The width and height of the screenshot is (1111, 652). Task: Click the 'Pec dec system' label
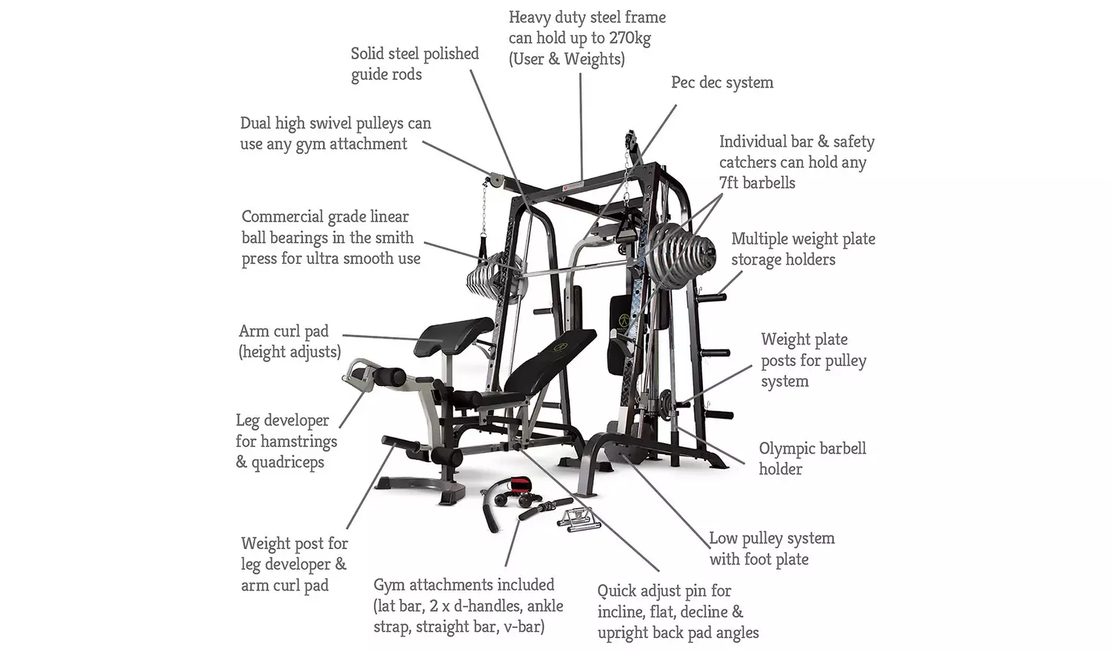pos(721,82)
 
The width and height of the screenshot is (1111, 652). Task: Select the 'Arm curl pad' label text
pos(284,331)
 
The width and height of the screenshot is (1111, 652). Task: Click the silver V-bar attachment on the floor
pos(578,519)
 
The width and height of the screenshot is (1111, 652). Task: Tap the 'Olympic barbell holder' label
pos(813,459)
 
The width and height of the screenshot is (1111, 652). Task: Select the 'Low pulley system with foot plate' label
pos(772,548)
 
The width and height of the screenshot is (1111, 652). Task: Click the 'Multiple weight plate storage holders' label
pos(803,249)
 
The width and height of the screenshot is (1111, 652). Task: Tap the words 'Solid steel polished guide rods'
pos(415,64)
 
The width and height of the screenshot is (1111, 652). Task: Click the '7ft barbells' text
pos(757,183)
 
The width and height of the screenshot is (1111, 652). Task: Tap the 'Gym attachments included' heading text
pos(464,585)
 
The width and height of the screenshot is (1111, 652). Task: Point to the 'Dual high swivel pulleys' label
pos(336,133)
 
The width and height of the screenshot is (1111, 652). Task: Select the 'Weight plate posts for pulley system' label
pos(813,360)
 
